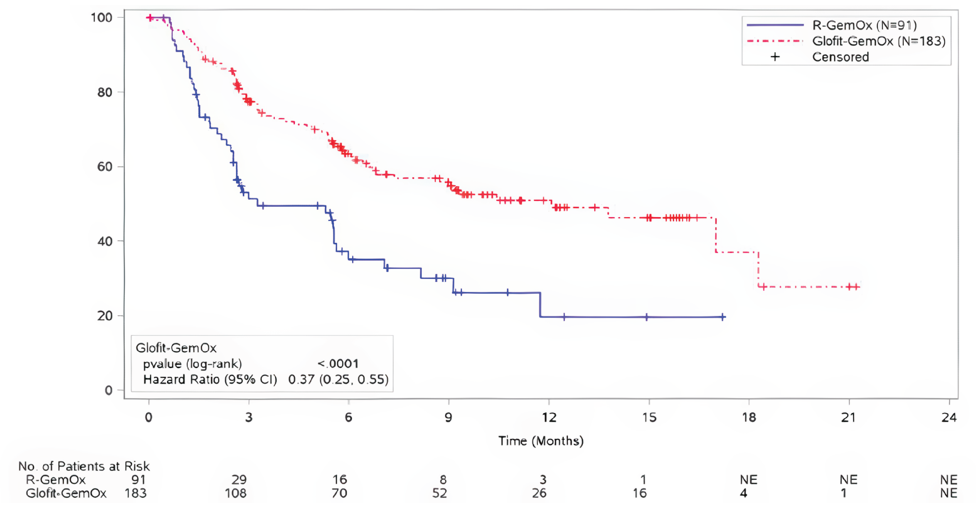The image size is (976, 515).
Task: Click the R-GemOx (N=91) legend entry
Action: (x=864, y=25)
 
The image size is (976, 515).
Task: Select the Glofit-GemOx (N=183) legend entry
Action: (x=878, y=41)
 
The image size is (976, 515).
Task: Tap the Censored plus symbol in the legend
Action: (x=775, y=57)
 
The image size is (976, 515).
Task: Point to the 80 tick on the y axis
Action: (x=105, y=92)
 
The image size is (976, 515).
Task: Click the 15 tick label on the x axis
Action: (x=649, y=417)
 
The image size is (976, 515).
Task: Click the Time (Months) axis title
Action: (x=541, y=441)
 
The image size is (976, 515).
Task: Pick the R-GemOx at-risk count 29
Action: (x=239, y=480)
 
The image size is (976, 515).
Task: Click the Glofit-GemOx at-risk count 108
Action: (x=235, y=493)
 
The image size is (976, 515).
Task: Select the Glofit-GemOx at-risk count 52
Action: (x=439, y=493)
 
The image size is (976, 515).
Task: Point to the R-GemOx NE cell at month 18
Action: (x=748, y=480)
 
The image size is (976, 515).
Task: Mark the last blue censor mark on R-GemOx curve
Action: (x=723, y=317)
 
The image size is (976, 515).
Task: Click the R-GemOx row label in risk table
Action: (x=56, y=480)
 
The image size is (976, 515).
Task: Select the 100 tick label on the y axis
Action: (x=101, y=17)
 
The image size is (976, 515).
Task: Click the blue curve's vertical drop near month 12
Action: (x=540, y=305)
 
